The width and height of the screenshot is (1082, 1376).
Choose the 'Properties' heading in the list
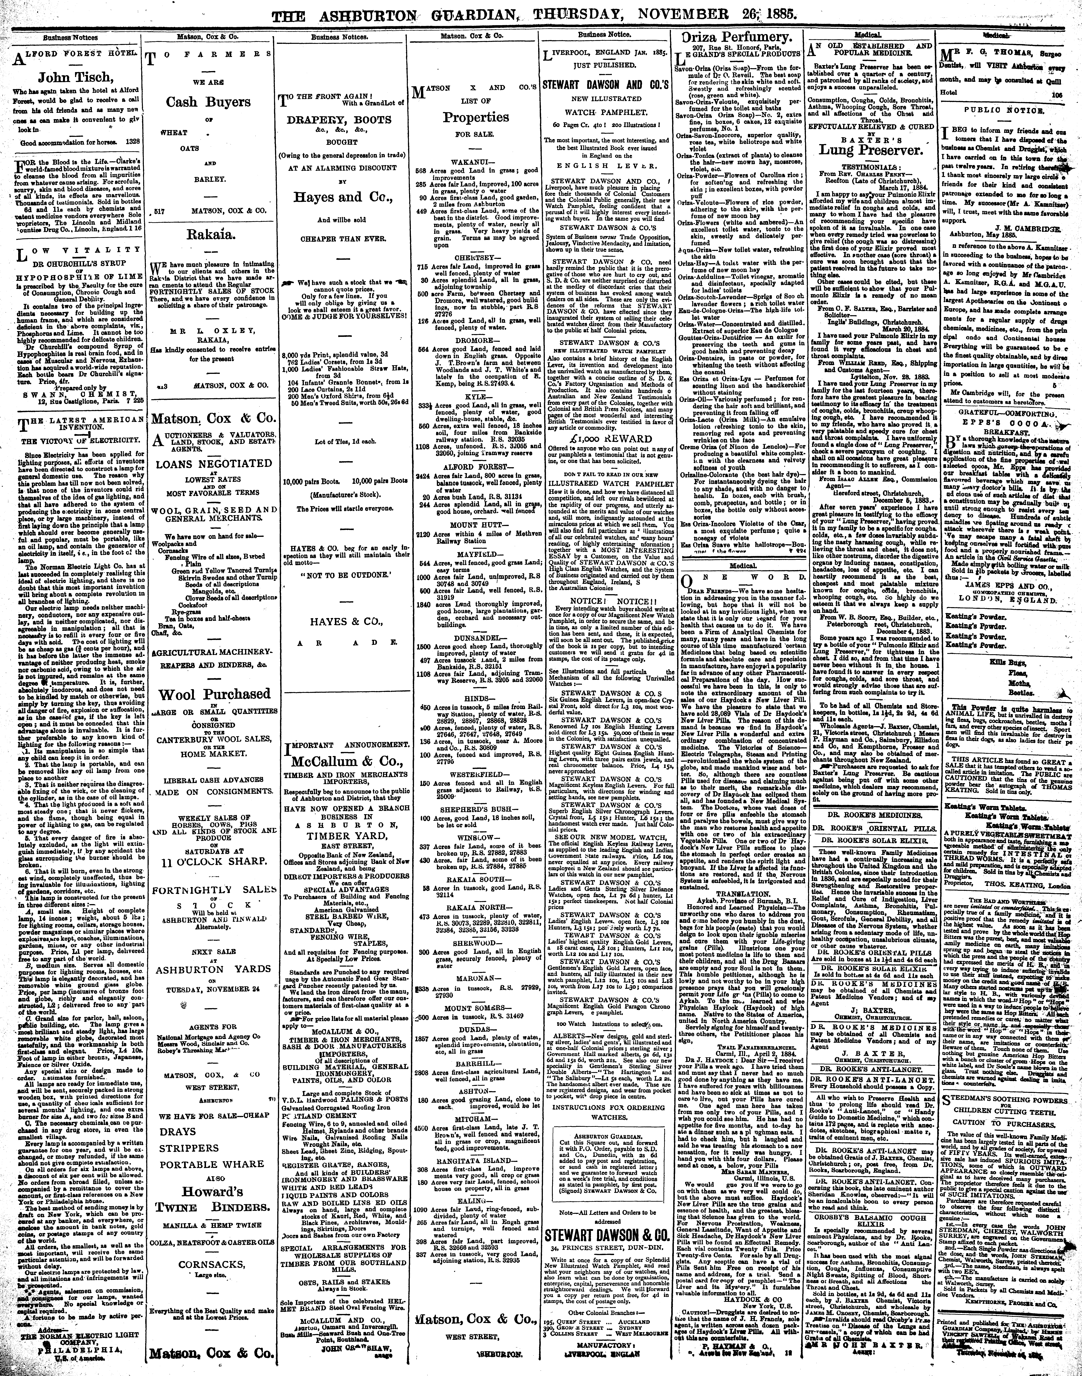[476, 118]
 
